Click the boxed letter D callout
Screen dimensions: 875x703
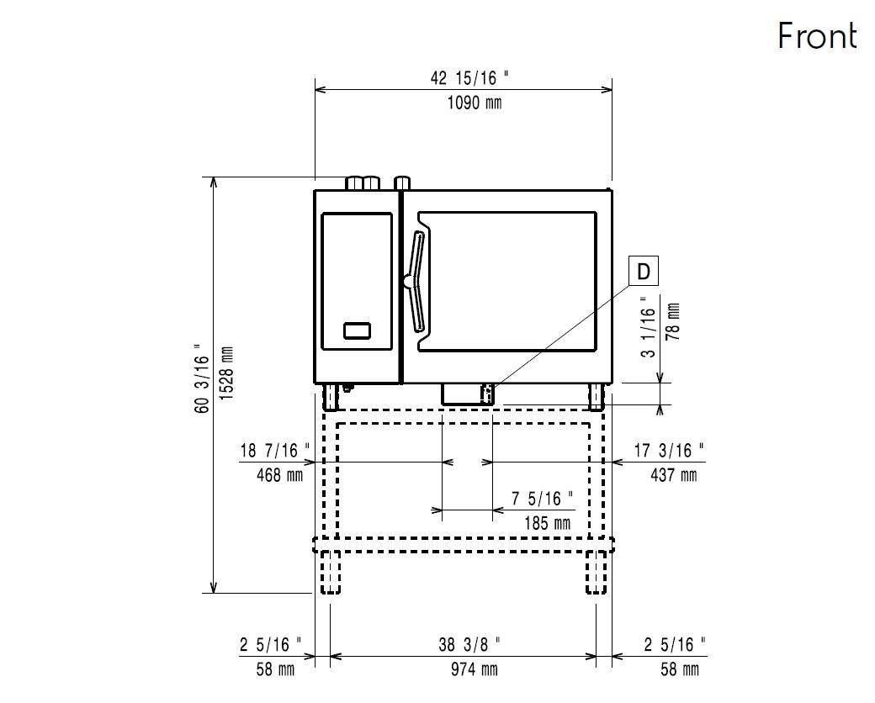coord(644,271)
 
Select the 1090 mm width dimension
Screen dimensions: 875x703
coord(475,103)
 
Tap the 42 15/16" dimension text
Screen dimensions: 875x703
coord(469,78)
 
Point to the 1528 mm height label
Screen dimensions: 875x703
coord(226,373)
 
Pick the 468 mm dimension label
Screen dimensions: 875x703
coord(279,475)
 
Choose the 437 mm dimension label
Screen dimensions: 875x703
coord(674,475)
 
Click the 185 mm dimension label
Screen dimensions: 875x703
coord(548,523)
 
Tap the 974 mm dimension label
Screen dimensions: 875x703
coord(475,669)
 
